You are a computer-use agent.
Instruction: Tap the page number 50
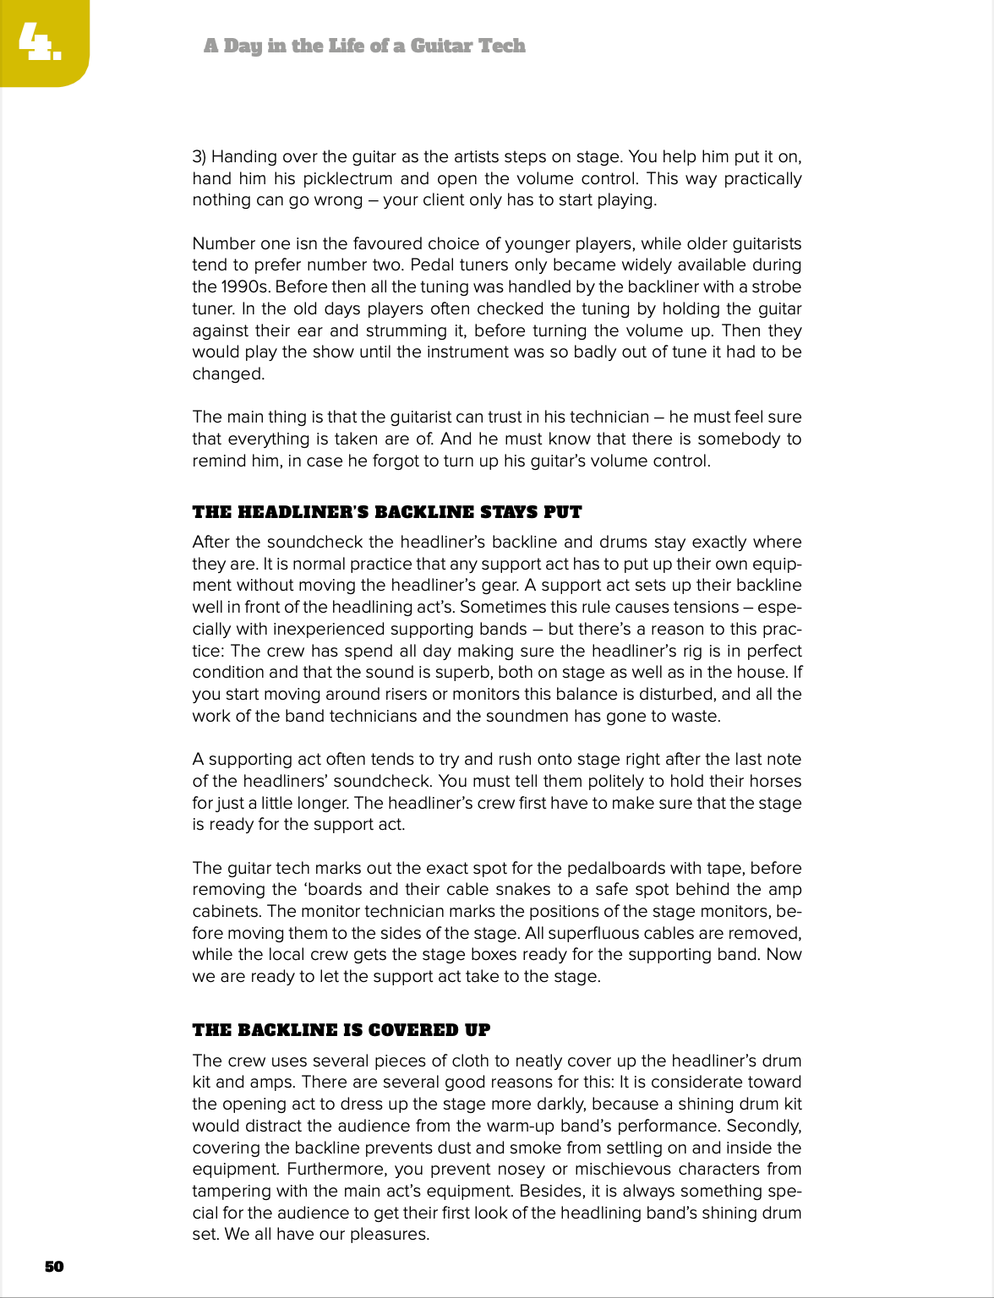(x=54, y=1266)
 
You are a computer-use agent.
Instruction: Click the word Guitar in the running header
(x=445, y=46)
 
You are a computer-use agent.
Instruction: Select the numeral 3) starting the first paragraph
(x=199, y=156)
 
